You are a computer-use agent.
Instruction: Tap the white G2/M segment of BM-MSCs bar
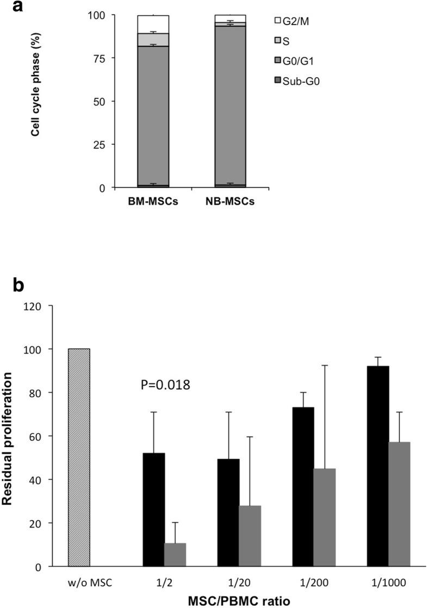(x=153, y=24)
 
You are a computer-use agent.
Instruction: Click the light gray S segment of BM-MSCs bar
(x=153, y=40)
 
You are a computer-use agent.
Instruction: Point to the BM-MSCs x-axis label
(x=153, y=203)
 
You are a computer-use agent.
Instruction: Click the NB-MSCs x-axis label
(x=230, y=203)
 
